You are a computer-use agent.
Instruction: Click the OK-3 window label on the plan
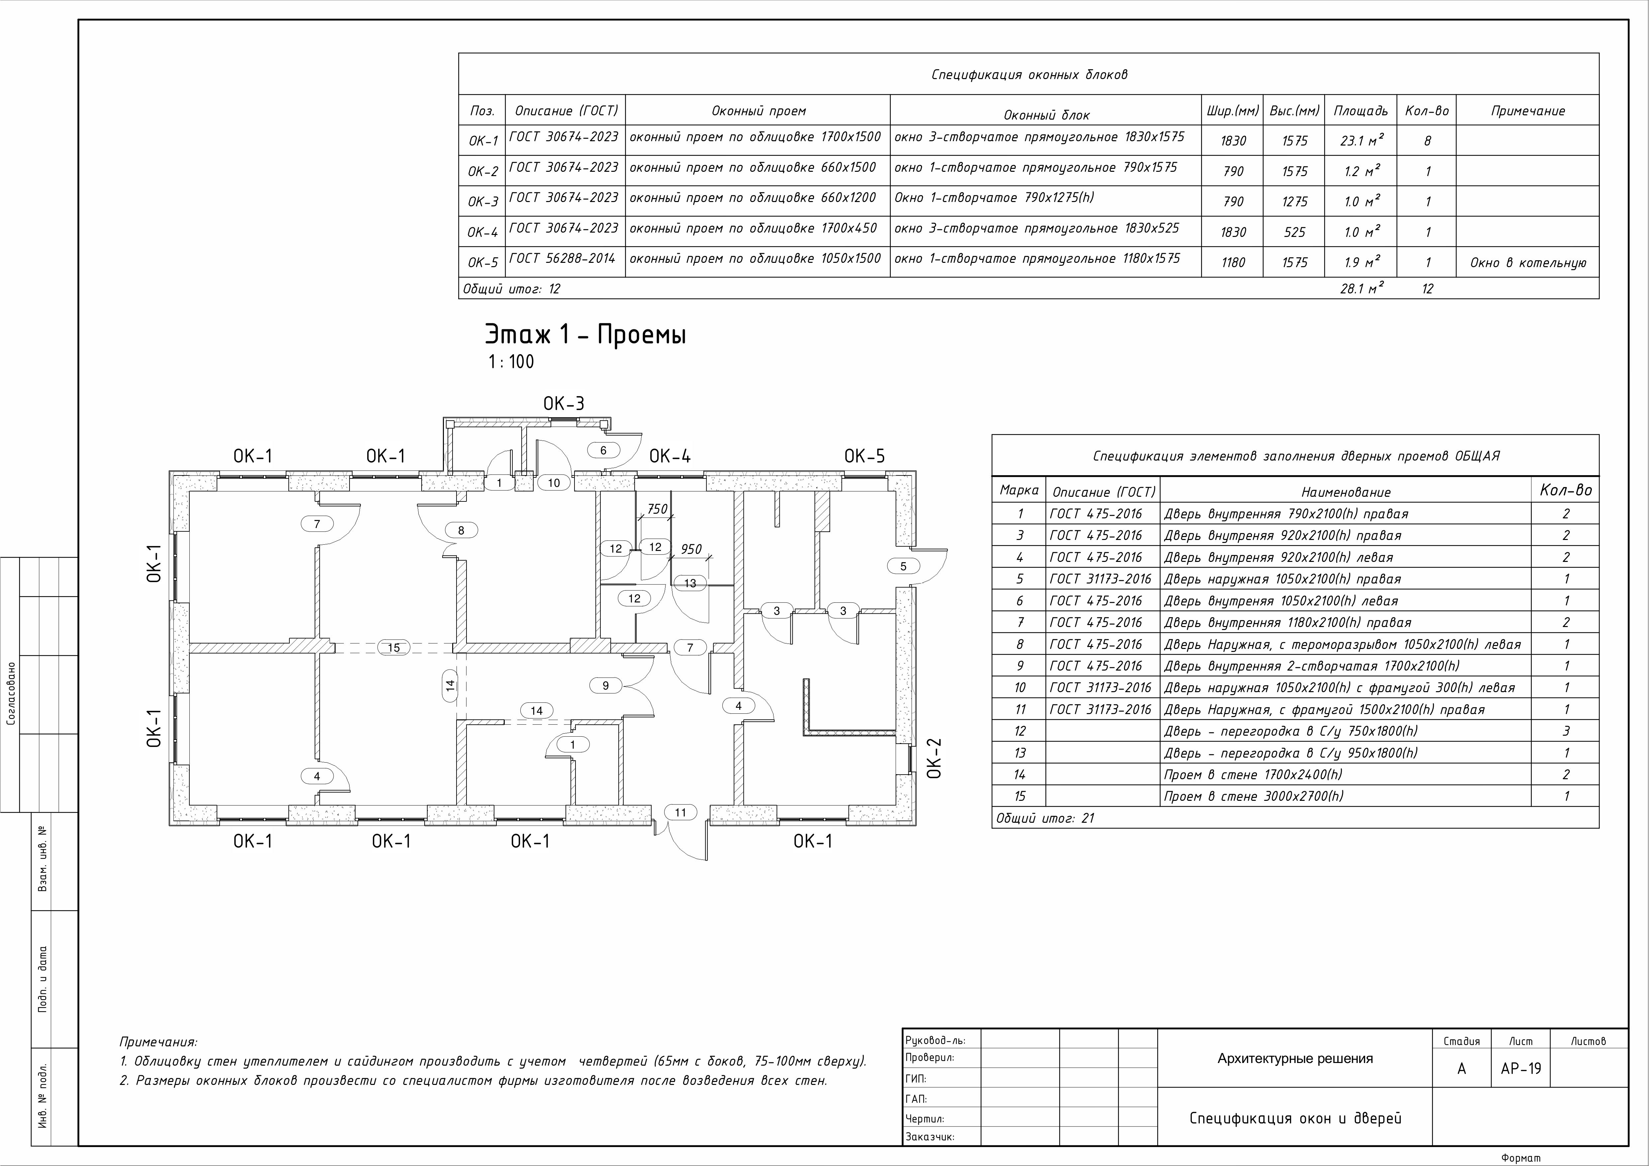pyautogui.click(x=564, y=404)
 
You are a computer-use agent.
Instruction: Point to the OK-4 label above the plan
pyautogui.click(x=670, y=456)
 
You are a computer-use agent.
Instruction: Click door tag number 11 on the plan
pyautogui.click(x=680, y=812)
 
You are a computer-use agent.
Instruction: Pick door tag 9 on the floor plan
pyautogui.click(x=605, y=686)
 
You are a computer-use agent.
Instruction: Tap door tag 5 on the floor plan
pyautogui.click(x=903, y=566)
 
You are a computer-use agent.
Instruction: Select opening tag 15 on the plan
pyautogui.click(x=394, y=647)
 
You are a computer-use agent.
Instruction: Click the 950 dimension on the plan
pyautogui.click(x=691, y=549)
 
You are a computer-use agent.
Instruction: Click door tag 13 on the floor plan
pyautogui.click(x=690, y=583)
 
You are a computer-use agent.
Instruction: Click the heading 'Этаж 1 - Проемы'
pyautogui.click(x=585, y=335)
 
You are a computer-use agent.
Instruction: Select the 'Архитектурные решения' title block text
pyautogui.click(x=1295, y=1058)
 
